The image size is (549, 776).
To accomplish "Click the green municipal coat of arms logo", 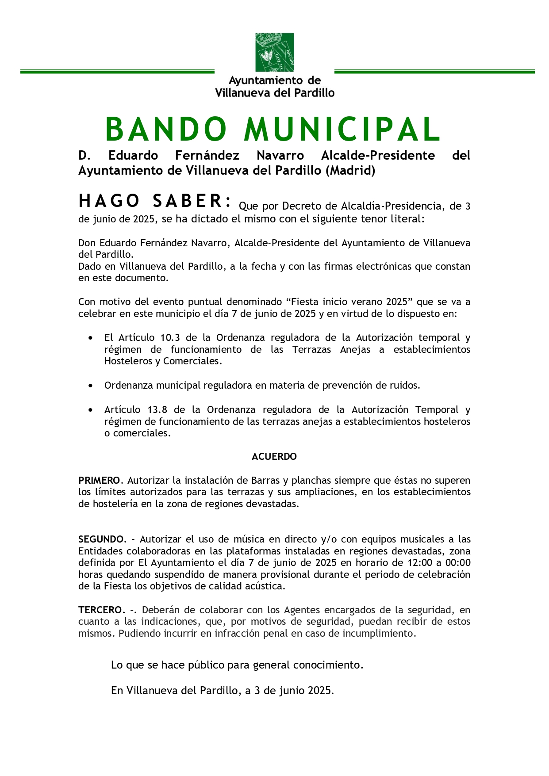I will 274,52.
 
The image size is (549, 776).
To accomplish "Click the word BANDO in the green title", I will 166,130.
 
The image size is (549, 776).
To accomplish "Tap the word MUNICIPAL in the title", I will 342,130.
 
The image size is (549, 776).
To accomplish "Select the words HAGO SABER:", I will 155,201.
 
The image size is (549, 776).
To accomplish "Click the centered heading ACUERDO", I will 274,457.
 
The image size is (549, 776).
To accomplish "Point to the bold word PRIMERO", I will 99,480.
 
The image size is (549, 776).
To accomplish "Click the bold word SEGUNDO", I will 101,539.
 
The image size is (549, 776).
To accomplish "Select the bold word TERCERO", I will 100,610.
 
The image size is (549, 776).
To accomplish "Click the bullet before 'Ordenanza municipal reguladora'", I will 91,386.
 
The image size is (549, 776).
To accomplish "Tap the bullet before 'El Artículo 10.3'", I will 91,338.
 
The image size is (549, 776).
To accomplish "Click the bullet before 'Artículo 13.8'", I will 91,410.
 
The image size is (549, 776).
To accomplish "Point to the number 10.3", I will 170,338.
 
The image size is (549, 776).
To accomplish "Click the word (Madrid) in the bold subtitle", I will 350,171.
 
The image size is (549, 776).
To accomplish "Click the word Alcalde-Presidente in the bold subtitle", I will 378,156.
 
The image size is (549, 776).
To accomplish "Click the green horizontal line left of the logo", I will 117,72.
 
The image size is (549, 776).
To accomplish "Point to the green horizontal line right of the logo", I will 434,72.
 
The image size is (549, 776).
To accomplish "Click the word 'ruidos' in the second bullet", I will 406,386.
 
